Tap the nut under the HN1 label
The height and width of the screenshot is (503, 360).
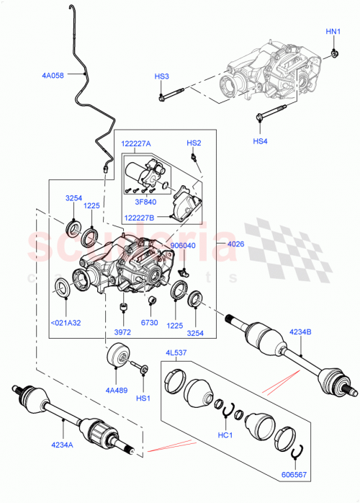[335, 52]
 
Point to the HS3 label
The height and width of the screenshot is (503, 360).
[161, 76]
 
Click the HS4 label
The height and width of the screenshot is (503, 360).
[260, 141]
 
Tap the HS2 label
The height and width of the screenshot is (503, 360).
[194, 143]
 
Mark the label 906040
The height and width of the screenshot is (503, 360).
[183, 245]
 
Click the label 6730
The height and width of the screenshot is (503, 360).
[150, 324]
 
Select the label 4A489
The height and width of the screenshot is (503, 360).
[116, 391]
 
